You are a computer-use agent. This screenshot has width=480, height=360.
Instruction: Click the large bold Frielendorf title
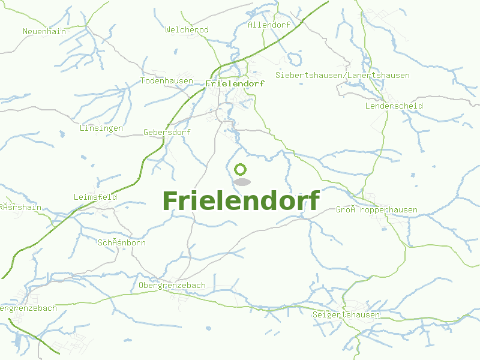click(241, 201)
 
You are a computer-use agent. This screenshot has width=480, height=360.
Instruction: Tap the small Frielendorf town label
click(235, 84)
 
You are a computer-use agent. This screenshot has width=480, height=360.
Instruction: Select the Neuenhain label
click(44, 31)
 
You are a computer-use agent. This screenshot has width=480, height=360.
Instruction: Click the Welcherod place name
click(187, 29)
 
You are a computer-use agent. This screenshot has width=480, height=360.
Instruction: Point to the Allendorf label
click(269, 25)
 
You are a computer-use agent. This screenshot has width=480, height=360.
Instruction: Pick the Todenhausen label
click(167, 81)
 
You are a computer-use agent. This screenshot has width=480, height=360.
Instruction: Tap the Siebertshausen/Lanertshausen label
click(343, 76)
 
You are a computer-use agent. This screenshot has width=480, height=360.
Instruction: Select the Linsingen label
click(101, 128)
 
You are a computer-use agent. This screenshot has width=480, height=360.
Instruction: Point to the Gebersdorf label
click(167, 132)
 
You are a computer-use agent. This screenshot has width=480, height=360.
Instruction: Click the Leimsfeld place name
click(95, 197)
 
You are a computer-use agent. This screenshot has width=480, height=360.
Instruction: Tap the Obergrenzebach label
click(172, 285)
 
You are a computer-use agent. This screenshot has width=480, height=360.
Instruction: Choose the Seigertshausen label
click(346, 315)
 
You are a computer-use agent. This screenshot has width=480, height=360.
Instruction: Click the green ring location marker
click(241, 170)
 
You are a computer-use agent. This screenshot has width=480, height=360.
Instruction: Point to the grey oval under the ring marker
click(241, 182)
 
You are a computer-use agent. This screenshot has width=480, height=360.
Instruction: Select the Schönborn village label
click(121, 243)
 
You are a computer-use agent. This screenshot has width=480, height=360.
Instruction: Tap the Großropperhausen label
click(376, 210)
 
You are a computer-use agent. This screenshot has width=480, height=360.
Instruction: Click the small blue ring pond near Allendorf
click(294, 59)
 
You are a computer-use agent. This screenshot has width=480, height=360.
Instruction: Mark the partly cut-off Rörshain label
click(20, 207)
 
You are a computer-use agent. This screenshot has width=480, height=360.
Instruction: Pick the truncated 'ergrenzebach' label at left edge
click(28, 308)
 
